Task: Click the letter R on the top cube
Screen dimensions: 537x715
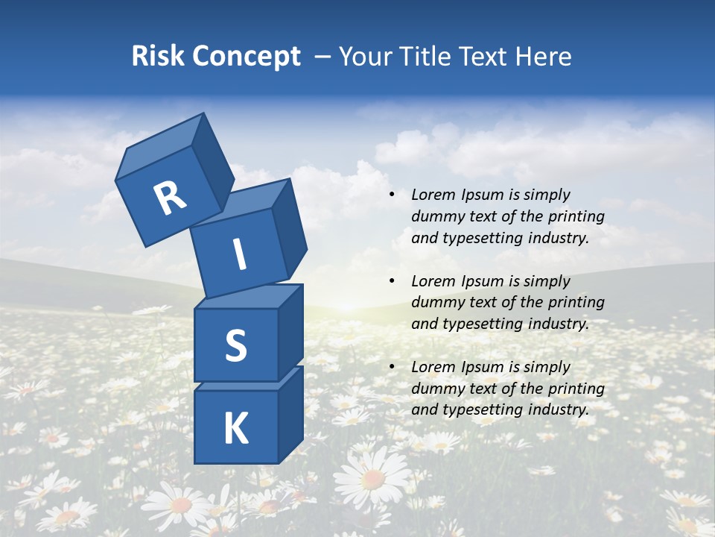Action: pos(171,198)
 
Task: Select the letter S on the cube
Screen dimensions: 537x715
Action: pos(235,345)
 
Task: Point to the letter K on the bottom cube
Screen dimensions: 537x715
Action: pos(235,429)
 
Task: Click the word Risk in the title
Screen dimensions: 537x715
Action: pos(158,56)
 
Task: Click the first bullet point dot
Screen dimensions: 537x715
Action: pos(392,195)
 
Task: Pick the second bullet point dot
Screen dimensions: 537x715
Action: pos(392,282)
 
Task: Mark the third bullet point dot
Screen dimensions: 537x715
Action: pos(392,368)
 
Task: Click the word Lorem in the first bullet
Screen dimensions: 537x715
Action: pos(432,195)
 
